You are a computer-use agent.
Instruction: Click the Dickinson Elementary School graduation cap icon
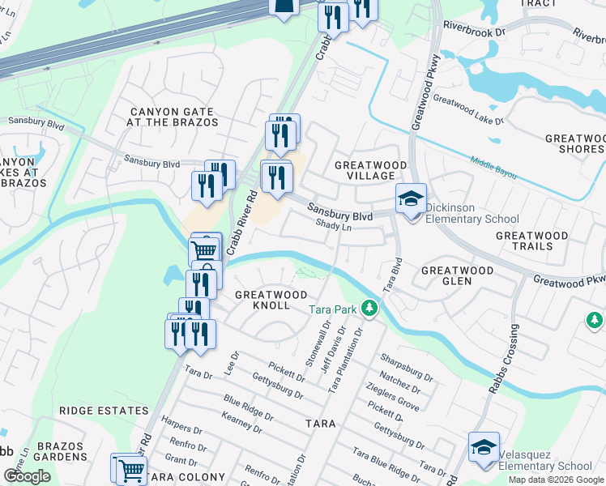411,198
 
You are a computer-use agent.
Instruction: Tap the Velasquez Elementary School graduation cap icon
484,447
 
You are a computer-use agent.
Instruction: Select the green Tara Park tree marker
369,308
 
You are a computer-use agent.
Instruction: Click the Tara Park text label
333,309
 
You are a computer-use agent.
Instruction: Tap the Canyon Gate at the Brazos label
172,117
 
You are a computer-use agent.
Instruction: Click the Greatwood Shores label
574,143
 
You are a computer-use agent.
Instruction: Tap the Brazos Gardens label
61,451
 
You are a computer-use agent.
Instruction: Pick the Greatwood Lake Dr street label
468,110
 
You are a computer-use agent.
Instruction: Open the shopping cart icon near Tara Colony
129,468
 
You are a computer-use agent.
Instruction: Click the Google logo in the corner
28,476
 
